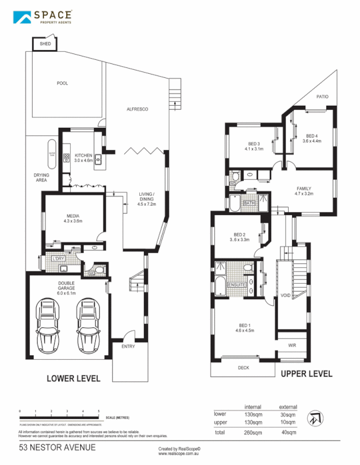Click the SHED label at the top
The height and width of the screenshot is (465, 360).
point(45,44)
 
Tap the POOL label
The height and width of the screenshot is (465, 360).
point(62,83)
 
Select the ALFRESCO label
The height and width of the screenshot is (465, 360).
point(138,109)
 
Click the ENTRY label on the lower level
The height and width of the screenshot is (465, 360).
point(128,346)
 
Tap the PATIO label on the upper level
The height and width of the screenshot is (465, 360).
point(322,97)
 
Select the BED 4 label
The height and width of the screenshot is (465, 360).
point(311,137)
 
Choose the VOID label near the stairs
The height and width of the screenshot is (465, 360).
point(285,295)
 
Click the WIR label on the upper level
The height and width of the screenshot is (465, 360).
point(292,345)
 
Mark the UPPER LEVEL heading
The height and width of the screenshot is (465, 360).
point(306,374)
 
